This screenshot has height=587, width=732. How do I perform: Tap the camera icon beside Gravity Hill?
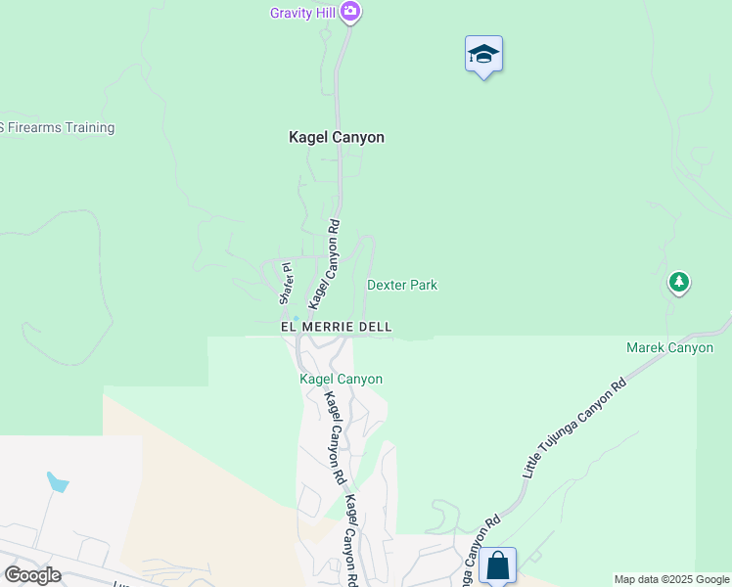351,13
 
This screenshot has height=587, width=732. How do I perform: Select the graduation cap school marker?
483,55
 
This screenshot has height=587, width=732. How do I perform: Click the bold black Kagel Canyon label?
336,138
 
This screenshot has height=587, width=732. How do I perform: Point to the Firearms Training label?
58,128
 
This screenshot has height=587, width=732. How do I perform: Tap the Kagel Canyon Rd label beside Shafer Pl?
324,261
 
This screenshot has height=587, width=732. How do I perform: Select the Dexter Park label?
402,286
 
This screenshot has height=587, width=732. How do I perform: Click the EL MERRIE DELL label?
336,326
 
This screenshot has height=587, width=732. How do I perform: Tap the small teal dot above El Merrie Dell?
295,317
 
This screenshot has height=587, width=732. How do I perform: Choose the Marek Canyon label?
670,347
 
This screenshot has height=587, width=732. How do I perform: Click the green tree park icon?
679,283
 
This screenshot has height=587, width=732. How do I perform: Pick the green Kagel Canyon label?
341,379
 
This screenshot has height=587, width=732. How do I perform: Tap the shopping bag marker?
497,564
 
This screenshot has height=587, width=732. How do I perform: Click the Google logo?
32,574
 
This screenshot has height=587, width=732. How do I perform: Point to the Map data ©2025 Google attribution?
671,579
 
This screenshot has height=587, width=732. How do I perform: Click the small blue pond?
58,482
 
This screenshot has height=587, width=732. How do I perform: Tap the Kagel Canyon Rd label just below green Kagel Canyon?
336,438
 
